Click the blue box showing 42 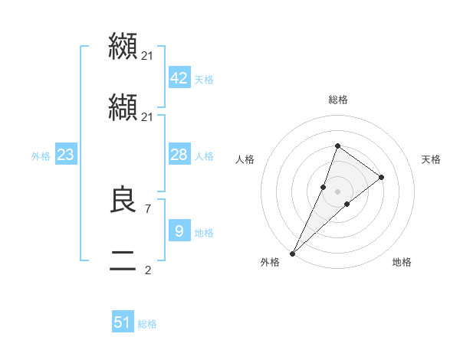coord(179,78)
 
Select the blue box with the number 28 coord(179,155)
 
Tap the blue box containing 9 coord(179,231)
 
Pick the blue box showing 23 coord(65,155)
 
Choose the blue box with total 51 coord(123,322)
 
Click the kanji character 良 coord(123,201)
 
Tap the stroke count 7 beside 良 coord(147,208)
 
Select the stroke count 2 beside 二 coord(147,270)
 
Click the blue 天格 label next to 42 coord(204,80)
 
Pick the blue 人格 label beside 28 coord(204,156)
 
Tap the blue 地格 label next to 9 coord(204,233)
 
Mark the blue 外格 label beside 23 coord(41,156)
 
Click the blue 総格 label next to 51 coord(147,324)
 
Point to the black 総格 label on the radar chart coord(338,100)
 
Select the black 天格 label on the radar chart coord(432,159)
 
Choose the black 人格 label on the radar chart coord(245,159)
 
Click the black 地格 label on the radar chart coord(402,262)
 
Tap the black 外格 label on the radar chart coord(270,262)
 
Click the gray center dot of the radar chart coord(337,191)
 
